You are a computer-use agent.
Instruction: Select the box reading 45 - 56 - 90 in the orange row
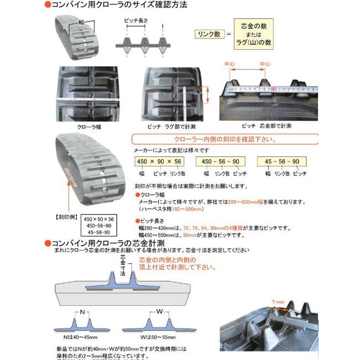point(281,161)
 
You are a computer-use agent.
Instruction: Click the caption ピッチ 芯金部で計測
point(267,126)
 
